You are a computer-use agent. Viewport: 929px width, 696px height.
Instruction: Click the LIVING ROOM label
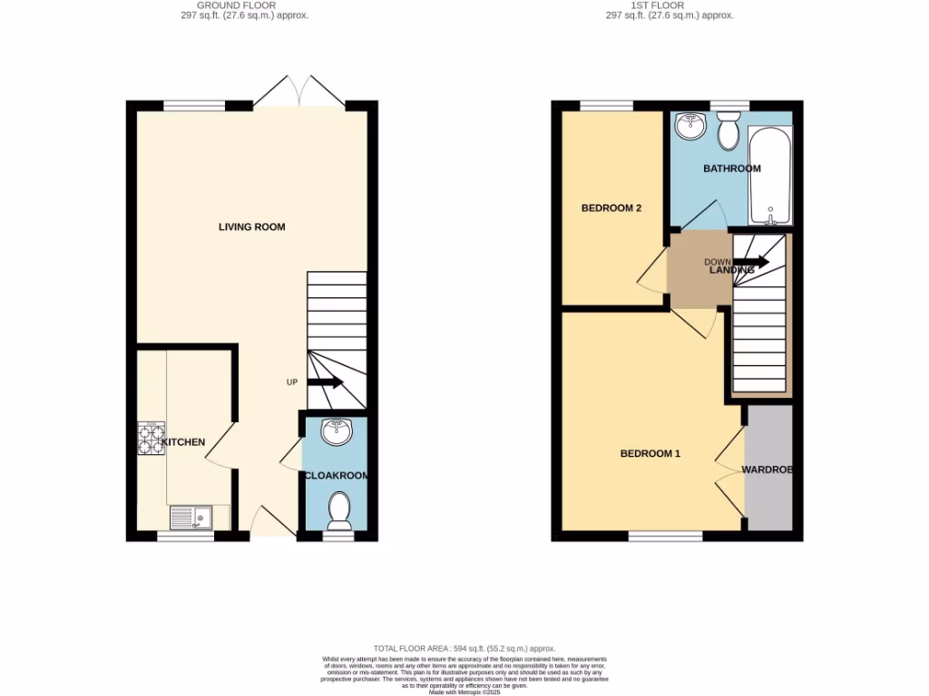pyautogui.click(x=251, y=227)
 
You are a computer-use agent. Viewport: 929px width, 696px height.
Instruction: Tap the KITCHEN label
pyautogui.click(x=183, y=442)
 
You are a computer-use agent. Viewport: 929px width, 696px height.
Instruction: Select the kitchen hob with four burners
pyautogui.click(x=151, y=438)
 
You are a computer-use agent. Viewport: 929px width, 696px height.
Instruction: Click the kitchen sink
pyautogui.click(x=191, y=517)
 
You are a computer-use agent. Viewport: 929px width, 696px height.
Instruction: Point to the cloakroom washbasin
pyautogui.click(x=336, y=432)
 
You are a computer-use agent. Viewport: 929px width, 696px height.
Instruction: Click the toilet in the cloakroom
pyautogui.click(x=338, y=510)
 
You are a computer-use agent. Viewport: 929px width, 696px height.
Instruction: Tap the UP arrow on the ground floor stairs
pyautogui.click(x=325, y=382)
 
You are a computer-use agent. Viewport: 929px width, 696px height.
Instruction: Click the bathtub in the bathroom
pyautogui.click(x=769, y=175)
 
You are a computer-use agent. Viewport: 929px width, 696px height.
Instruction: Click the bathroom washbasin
pyautogui.click(x=691, y=124)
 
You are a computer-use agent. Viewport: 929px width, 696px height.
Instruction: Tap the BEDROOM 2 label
pyautogui.click(x=611, y=208)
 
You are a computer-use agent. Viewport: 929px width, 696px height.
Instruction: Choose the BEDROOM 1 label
pyautogui.click(x=650, y=454)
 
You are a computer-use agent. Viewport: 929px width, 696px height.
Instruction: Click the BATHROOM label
pyautogui.click(x=732, y=169)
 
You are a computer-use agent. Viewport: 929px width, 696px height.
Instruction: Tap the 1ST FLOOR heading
pyautogui.click(x=670, y=5)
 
